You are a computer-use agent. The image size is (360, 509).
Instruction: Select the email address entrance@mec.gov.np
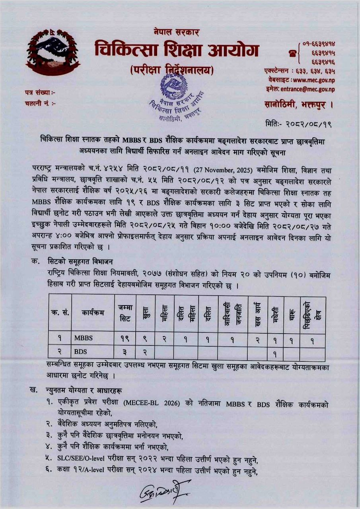coord(307,89)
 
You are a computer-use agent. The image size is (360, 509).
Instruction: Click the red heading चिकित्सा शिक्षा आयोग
coord(177,51)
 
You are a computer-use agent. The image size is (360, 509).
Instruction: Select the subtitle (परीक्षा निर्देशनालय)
coord(172,71)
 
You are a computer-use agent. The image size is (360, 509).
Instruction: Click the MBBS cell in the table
coord(83,338)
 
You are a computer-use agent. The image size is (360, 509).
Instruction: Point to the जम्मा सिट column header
coord(125,313)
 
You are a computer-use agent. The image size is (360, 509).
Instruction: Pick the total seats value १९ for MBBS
coord(125,338)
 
